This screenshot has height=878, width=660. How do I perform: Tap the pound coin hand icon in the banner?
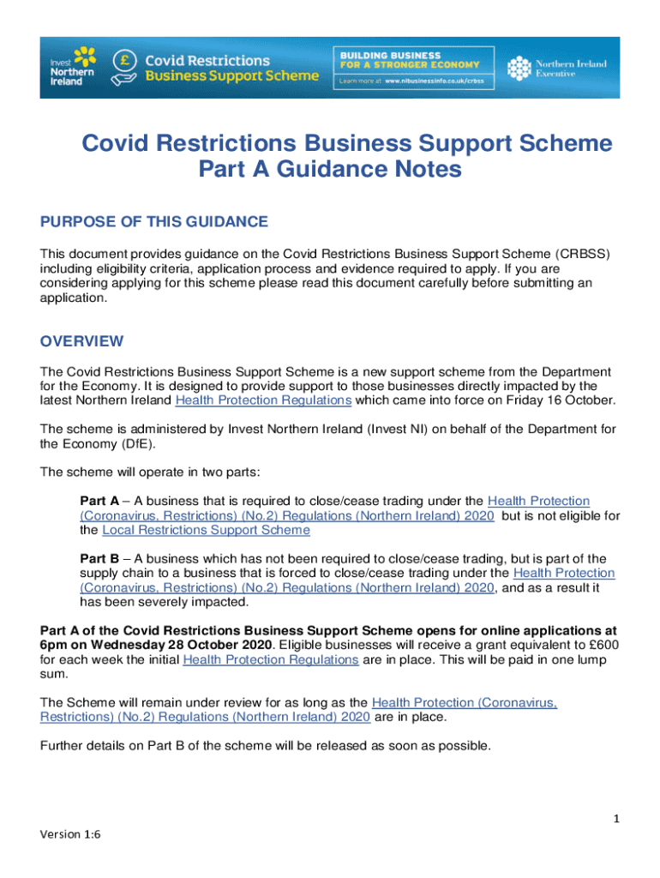pyautogui.click(x=125, y=67)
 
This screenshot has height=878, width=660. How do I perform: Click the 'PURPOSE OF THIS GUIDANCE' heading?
pyautogui.click(x=154, y=223)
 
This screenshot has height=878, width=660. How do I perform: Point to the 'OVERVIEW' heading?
pyautogui.click(x=82, y=341)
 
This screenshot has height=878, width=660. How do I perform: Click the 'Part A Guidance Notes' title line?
pyautogui.click(x=330, y=171)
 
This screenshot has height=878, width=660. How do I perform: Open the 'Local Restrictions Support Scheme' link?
pyautogui.click(x=206, y=531)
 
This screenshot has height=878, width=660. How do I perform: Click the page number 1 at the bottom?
pyautogui.click(x=616, y=820)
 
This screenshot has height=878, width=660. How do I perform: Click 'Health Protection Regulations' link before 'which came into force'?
pyautogui.click(x=263, y=400)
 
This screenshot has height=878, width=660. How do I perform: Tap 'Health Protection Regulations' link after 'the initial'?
pyautogui.click(x=271, y=659)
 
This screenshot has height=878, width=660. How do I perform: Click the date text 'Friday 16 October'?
pyautogui.click(x=562, y=400)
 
